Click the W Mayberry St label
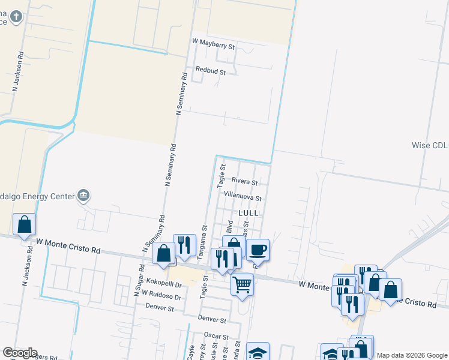(x=213, y=43)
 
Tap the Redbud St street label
(x=206, y=72)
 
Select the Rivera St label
(x=244, y=182)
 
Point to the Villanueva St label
(x=243, y=197)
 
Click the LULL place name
(x=249, y=213)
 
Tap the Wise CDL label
(x=429, y=145)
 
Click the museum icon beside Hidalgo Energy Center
(x=83, y=195)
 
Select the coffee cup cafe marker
(x=258, y=249)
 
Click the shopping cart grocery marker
(x=242, y=284)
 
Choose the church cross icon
(x=16, y=16)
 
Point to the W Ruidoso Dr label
(x=161, y=296)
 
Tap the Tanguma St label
(x=204, y=242)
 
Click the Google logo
(x=19, y=353)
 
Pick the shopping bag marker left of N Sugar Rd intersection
(x=163, y=253)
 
